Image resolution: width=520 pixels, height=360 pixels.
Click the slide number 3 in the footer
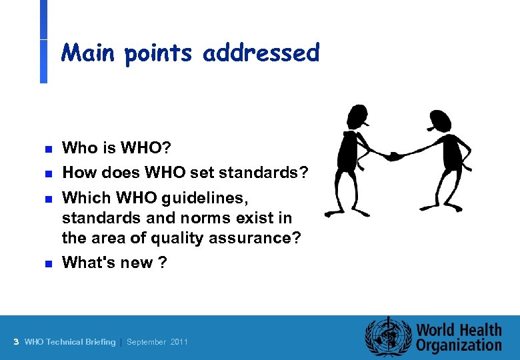click(x=15, y=342)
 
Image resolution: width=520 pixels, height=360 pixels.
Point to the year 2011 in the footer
click(x=179, y=342)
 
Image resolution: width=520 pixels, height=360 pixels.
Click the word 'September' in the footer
click(x=147, y=342)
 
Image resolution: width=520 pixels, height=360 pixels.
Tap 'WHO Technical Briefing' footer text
click(x=69, y=342)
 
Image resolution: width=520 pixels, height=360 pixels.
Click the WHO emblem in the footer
click(x=387, y=337)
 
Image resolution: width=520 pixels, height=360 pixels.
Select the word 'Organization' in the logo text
click(x=459, y=345)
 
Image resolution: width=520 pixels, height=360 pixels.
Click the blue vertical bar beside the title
click(x=43, y=41)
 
